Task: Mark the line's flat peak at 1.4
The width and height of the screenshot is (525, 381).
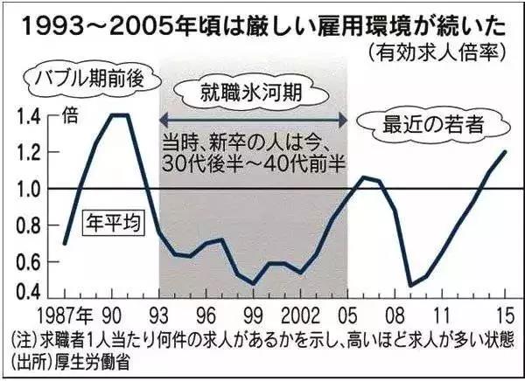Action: click(x=120, y=114)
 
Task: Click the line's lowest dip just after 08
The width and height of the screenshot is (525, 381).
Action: click(x=410, y=285)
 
